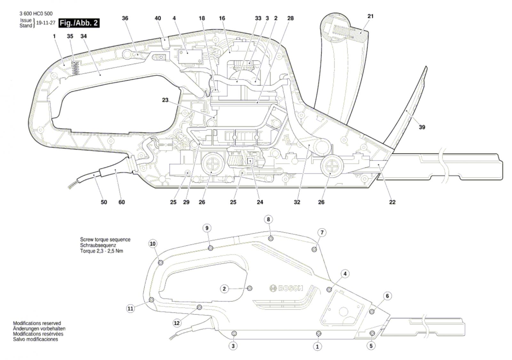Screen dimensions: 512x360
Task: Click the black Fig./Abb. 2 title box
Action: click(79, 23)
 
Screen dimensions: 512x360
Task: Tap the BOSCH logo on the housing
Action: click(286, 288)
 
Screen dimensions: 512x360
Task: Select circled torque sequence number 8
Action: click(268, 220)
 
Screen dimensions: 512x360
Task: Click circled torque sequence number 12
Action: click(177, 323)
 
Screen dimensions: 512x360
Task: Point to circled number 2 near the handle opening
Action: click(224, 289)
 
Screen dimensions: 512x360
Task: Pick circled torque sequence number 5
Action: click(371, 346)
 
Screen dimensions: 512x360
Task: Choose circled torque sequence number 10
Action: click(153, 244)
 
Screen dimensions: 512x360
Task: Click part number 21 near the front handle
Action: click(370, 16)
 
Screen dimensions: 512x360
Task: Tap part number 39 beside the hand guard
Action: click(422, 127)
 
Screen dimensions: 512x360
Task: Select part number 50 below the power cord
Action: click(104, 202)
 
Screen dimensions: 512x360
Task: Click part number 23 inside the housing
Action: click(165, 100)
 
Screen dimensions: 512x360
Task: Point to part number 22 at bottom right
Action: click(392, 202)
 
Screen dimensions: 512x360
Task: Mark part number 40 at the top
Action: click(158, 18)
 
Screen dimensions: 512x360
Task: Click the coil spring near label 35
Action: click(76, 68)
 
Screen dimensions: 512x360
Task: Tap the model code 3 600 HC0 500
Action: click(36, 14)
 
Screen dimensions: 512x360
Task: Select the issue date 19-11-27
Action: click(46, 23)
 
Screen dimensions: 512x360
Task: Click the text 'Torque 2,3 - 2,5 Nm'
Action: click(101, 251)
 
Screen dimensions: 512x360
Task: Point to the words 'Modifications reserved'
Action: click(37, 323)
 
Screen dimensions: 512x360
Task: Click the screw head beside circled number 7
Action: click(314, 249)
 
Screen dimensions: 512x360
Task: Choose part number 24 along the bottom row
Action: click(260, 202)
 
